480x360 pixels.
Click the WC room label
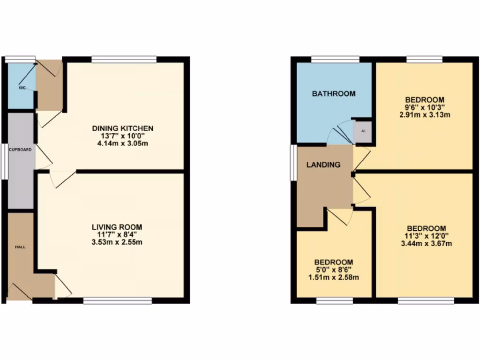22,88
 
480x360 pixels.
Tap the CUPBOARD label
21,150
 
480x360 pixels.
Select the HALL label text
20,247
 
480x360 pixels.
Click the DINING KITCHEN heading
123,128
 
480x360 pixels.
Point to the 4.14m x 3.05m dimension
123,143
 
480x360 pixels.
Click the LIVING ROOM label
117,227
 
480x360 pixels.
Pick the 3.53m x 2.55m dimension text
117,242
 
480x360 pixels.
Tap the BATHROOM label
334,94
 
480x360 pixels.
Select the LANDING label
323,165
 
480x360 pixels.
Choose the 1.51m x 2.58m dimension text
333,277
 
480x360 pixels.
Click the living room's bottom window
118,300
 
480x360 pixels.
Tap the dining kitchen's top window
124,60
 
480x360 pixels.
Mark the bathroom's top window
336,60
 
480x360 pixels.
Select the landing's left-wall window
292,162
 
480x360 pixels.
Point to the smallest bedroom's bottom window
334,300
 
